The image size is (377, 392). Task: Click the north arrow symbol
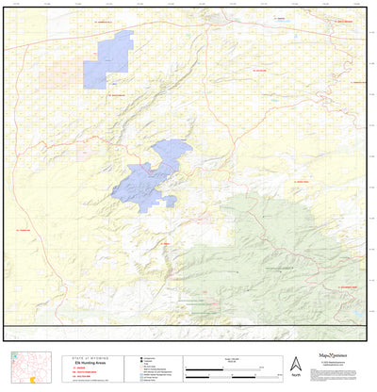(294, 364)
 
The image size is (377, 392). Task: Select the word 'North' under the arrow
(294, 376)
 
